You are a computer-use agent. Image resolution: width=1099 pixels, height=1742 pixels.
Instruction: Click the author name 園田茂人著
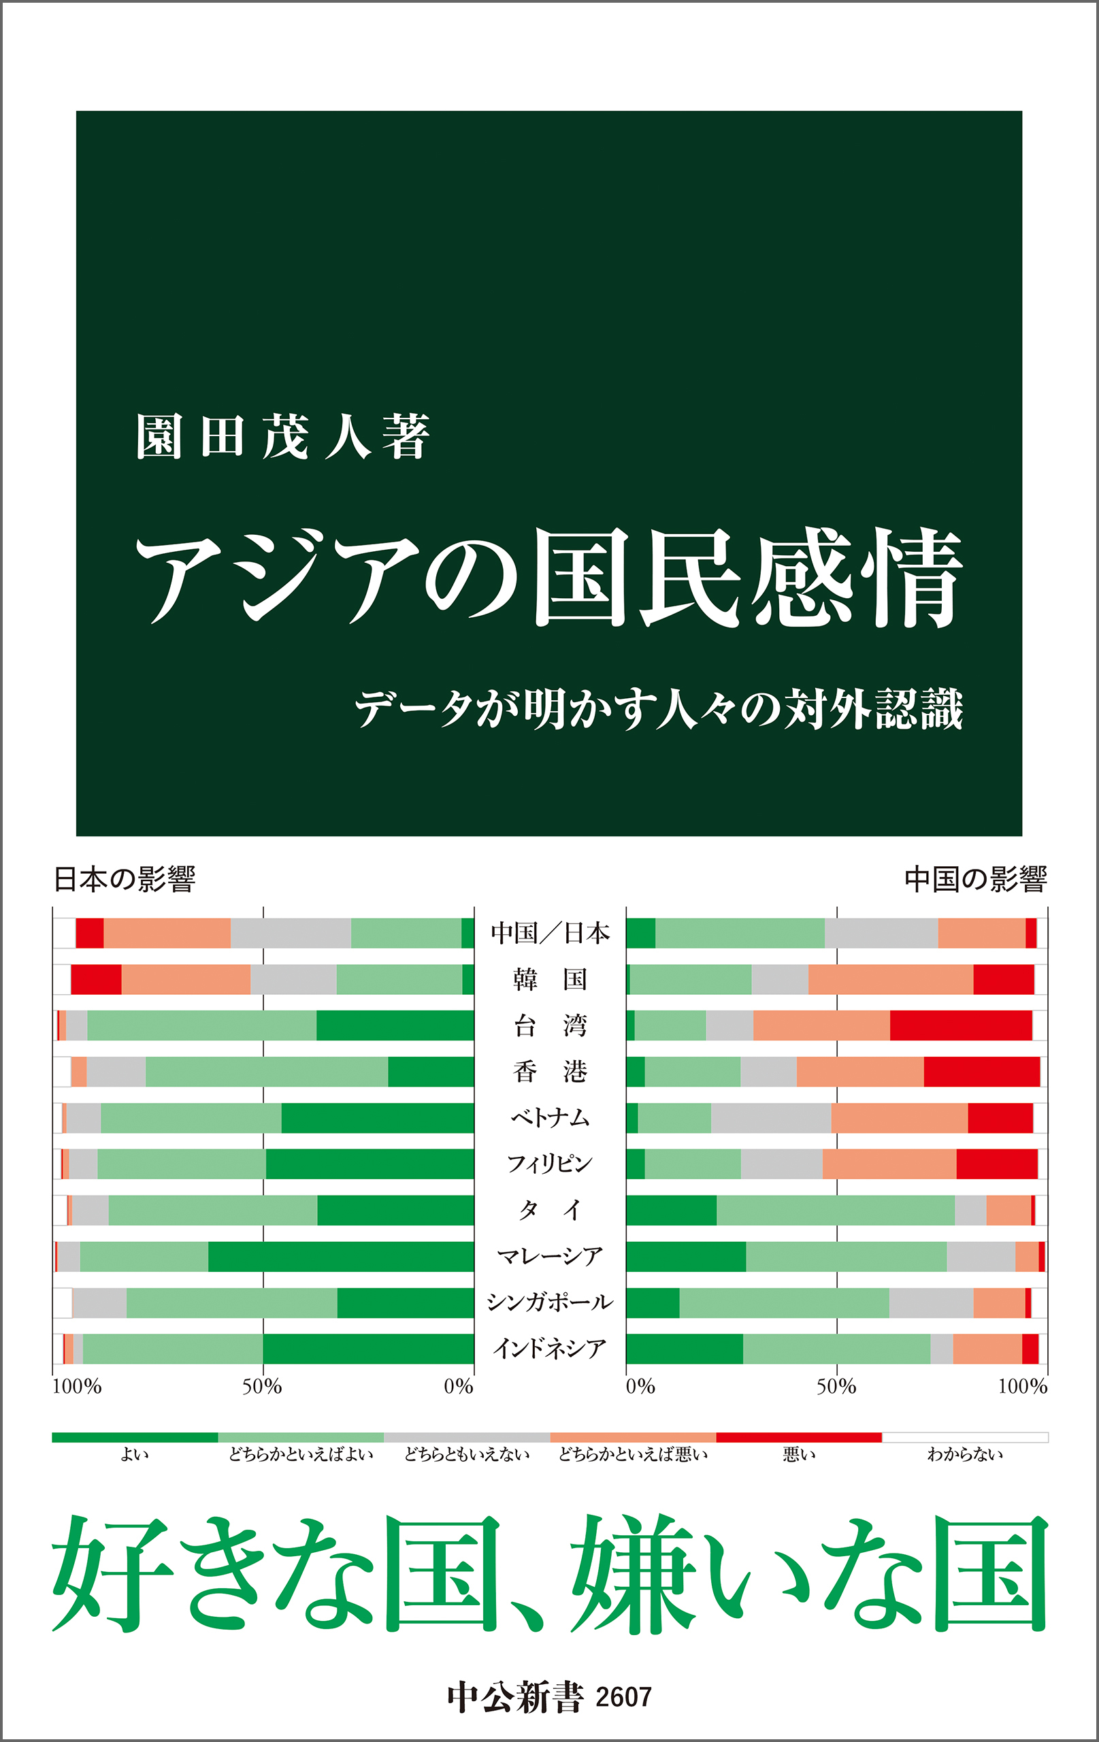point(283,436)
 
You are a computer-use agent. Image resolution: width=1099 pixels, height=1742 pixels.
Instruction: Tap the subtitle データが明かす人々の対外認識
point(659,709)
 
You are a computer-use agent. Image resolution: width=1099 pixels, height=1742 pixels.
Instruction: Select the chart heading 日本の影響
point(125,879)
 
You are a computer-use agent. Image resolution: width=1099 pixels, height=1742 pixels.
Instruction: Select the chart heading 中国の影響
point(975,879)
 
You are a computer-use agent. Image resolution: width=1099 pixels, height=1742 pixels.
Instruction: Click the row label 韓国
point(549,979)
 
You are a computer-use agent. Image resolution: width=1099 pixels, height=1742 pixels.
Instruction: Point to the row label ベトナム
point(549,1118)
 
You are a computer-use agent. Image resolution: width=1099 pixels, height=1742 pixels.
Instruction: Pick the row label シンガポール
point(549,1302)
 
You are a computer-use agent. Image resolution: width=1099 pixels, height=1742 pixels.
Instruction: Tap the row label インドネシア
point(549,1349)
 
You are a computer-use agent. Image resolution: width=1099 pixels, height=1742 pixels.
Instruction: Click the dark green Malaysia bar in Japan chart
point(340,1257)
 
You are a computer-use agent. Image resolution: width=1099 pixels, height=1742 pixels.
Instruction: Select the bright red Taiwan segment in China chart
point(960,1025)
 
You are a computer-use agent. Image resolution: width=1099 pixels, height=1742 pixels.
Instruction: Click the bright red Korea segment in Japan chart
point(96,979)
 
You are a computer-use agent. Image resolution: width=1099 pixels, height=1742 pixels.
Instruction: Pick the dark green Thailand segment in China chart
point(671,1211)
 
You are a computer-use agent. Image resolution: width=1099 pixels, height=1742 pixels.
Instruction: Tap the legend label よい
point(135,1454)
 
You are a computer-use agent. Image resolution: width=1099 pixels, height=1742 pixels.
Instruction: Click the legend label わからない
point(964,1454)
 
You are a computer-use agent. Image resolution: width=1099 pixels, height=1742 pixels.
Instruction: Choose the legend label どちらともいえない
point(467,1454)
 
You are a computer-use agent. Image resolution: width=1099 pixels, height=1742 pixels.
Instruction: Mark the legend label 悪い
point(799,1454)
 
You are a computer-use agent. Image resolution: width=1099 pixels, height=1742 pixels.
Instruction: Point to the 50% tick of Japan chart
point(262,1387)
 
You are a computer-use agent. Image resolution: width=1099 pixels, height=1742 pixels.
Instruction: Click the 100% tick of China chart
point(1022,1387)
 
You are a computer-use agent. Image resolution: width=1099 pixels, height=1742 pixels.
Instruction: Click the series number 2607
point(623,1697)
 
